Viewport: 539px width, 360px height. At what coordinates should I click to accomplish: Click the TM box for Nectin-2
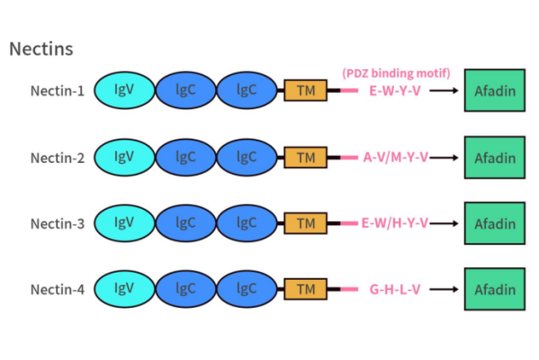[x=306, y=157]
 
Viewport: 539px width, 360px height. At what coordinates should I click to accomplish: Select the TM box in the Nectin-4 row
[x=306, y=289]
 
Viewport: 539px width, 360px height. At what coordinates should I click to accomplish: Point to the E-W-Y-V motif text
[x=395, y=91]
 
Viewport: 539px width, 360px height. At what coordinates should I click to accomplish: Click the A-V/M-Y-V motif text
[x=396, y=157]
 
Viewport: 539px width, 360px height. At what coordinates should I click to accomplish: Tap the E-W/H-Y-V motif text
[x=396, y=223]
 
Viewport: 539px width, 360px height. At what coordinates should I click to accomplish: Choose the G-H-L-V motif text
[x=395, y=289]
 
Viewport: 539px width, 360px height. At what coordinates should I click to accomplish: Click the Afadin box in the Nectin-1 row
[x=494, y=91]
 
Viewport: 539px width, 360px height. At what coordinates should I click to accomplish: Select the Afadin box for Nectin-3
[x=494, y=223]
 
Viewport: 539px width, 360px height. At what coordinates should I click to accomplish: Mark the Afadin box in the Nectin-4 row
[x=494, y=289]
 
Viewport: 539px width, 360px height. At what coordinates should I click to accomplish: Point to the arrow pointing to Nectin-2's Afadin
[x=445, y=157]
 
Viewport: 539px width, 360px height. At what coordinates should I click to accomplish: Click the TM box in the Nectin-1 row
[x=306, y=91]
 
